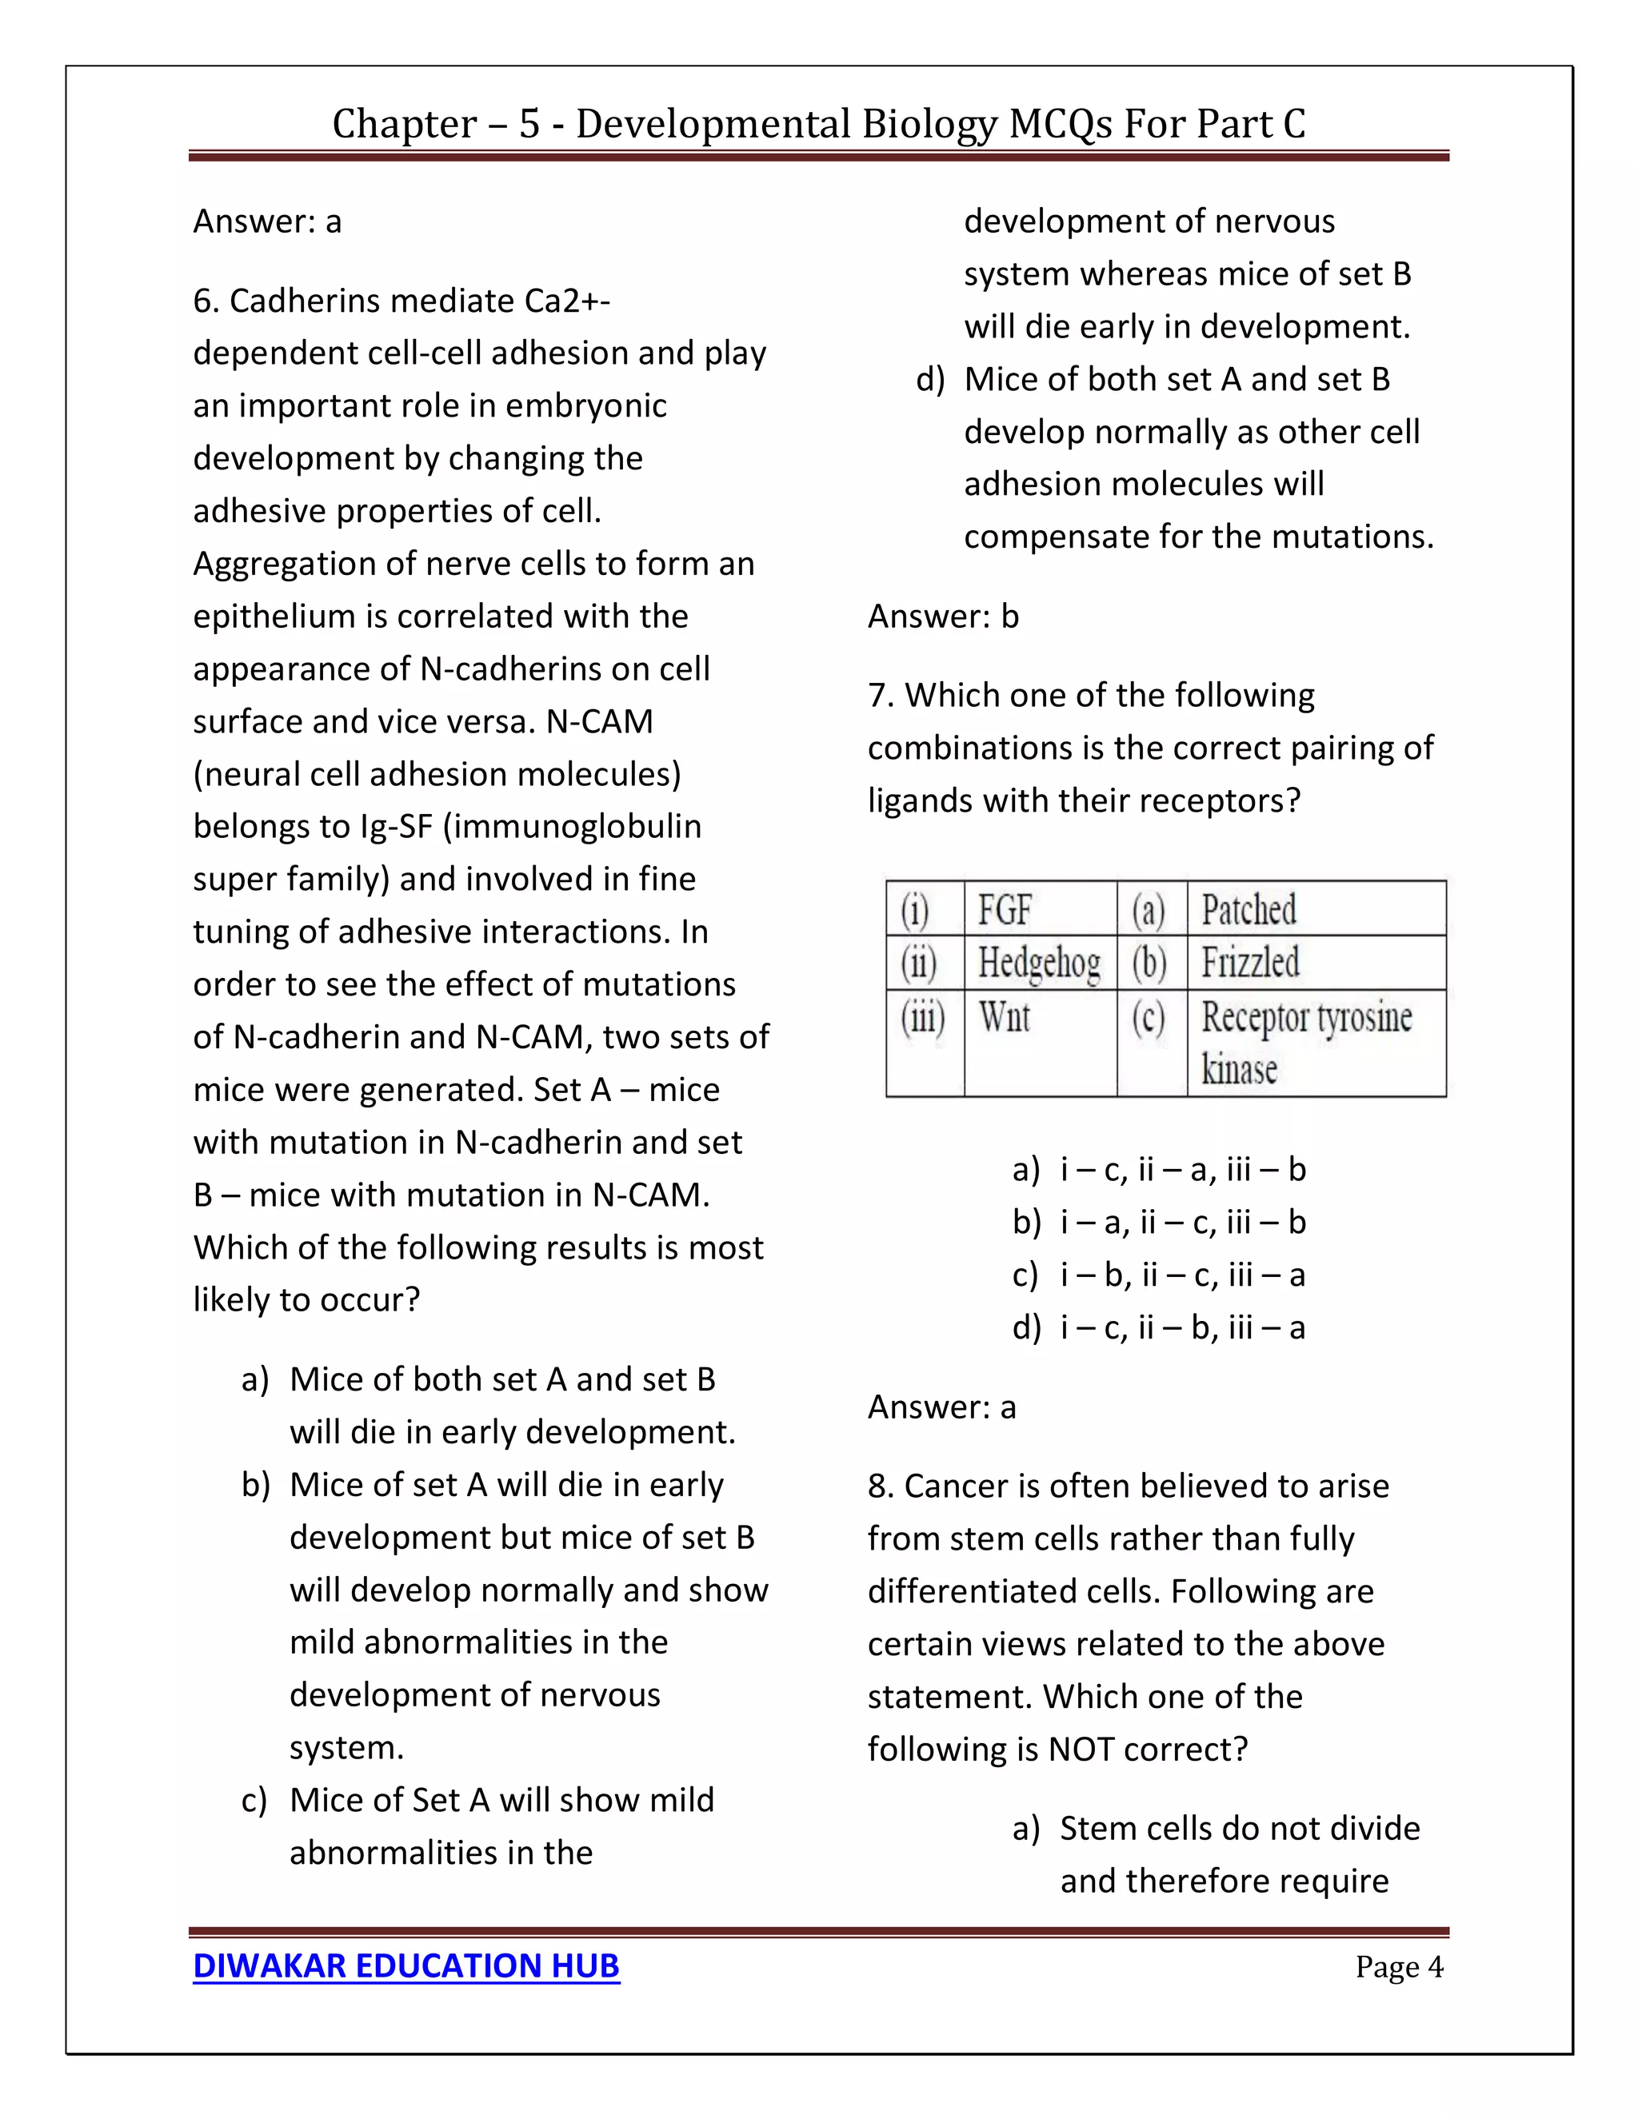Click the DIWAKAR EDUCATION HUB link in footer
pyautogui.click(x=406, y=1965)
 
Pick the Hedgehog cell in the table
pyautogui.click(x=1038, y=963)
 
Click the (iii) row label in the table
pyautogui.click(x=923, y=1019)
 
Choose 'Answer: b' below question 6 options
pyautogui.click(x=942, y=616)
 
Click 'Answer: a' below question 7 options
pyautogui.click(x=941, y=1406)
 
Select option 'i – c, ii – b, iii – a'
pyautogui.click(x=1182, y=1327)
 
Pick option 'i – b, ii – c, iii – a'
pyautogui.click(x=1182, y=1275)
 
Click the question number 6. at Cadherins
pyautogui.click(x=206, y=301)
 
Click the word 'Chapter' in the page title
pyautogui.click(x=405, y=124)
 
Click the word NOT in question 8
pyautogui.click(x=1082, y=1748)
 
